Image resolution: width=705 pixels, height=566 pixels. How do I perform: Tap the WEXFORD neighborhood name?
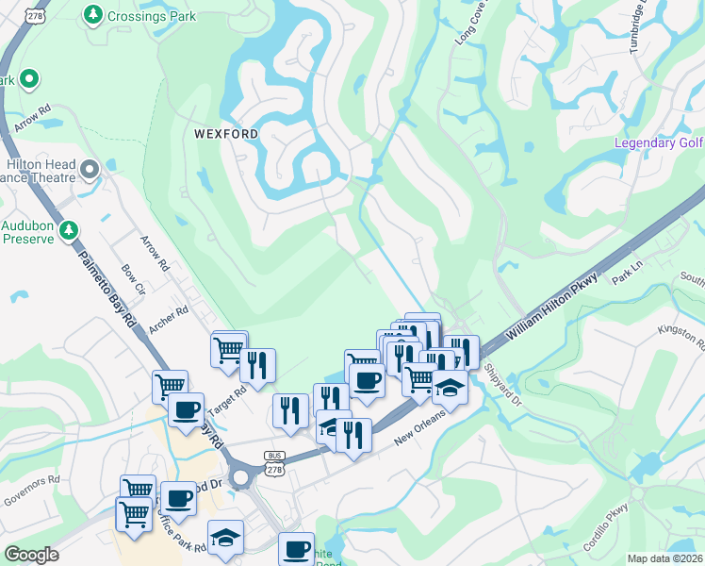tap(226, 134)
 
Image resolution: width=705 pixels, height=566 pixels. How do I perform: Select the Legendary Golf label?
tap(659, 142)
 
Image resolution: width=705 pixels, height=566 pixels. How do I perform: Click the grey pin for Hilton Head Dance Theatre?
tap(90, 170)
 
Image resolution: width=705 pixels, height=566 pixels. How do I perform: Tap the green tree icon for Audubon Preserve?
tap(68, 229)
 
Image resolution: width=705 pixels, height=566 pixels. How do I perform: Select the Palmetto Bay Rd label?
tap(108, 291)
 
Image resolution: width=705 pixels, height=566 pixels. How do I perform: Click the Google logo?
tap(31, 555)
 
